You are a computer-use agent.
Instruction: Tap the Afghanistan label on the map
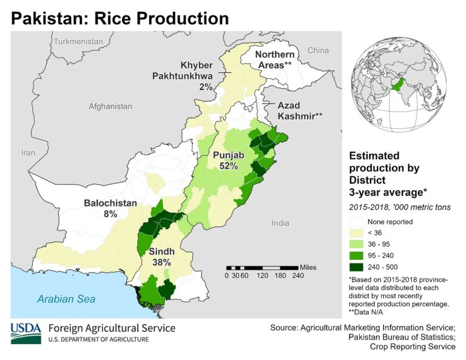point(110,106)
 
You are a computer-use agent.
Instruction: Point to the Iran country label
point(29,153)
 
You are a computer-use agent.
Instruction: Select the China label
point(318,50)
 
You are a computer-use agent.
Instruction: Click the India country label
point(280,223)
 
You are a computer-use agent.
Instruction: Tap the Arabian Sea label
point(66,299)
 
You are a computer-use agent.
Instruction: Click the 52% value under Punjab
point(229,166)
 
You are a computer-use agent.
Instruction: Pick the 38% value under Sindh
point(161,262)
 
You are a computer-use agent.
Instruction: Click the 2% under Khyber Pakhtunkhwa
point(206,87)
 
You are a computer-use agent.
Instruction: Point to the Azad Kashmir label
point(300,110)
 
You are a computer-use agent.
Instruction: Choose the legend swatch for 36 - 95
point(357,244)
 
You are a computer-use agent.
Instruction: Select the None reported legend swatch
point(357,222)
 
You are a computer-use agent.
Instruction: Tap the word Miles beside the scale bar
point(308,267)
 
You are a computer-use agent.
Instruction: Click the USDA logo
point(25,331)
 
